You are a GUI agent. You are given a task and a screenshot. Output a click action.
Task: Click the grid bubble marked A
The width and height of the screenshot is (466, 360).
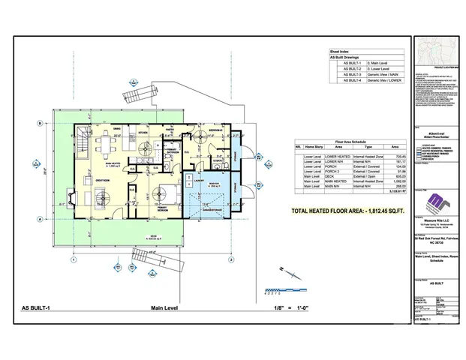tap(38, 218)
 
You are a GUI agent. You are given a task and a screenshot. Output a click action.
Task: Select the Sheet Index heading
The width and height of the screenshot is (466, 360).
tap(341, 52)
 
